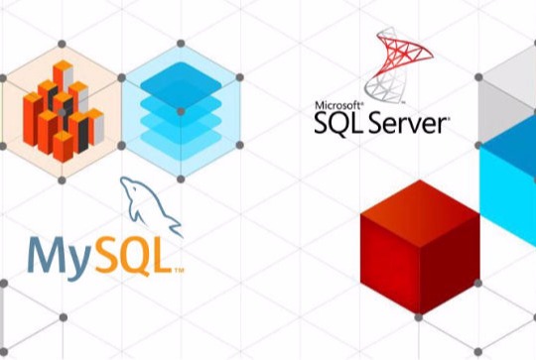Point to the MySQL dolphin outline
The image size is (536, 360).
149,203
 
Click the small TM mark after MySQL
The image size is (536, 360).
179,269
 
